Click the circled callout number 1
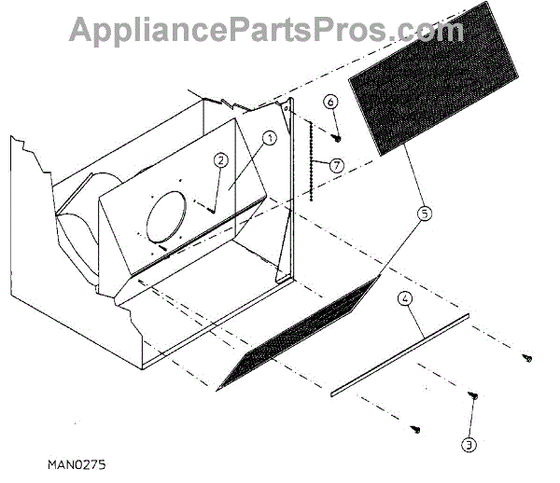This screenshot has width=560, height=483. [x=268, y=138]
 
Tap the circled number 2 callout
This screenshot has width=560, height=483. [x=220, y=159]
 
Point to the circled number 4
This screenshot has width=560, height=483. [x=405, y=300]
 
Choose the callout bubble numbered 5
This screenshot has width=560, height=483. [x=425, y=214]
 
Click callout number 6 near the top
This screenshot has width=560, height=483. [x=330, y=101]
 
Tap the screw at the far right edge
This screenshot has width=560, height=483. [x=529, y=355]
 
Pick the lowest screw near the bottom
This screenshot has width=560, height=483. [x=417, y=429]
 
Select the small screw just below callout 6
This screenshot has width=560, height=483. [x=337, y=136]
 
